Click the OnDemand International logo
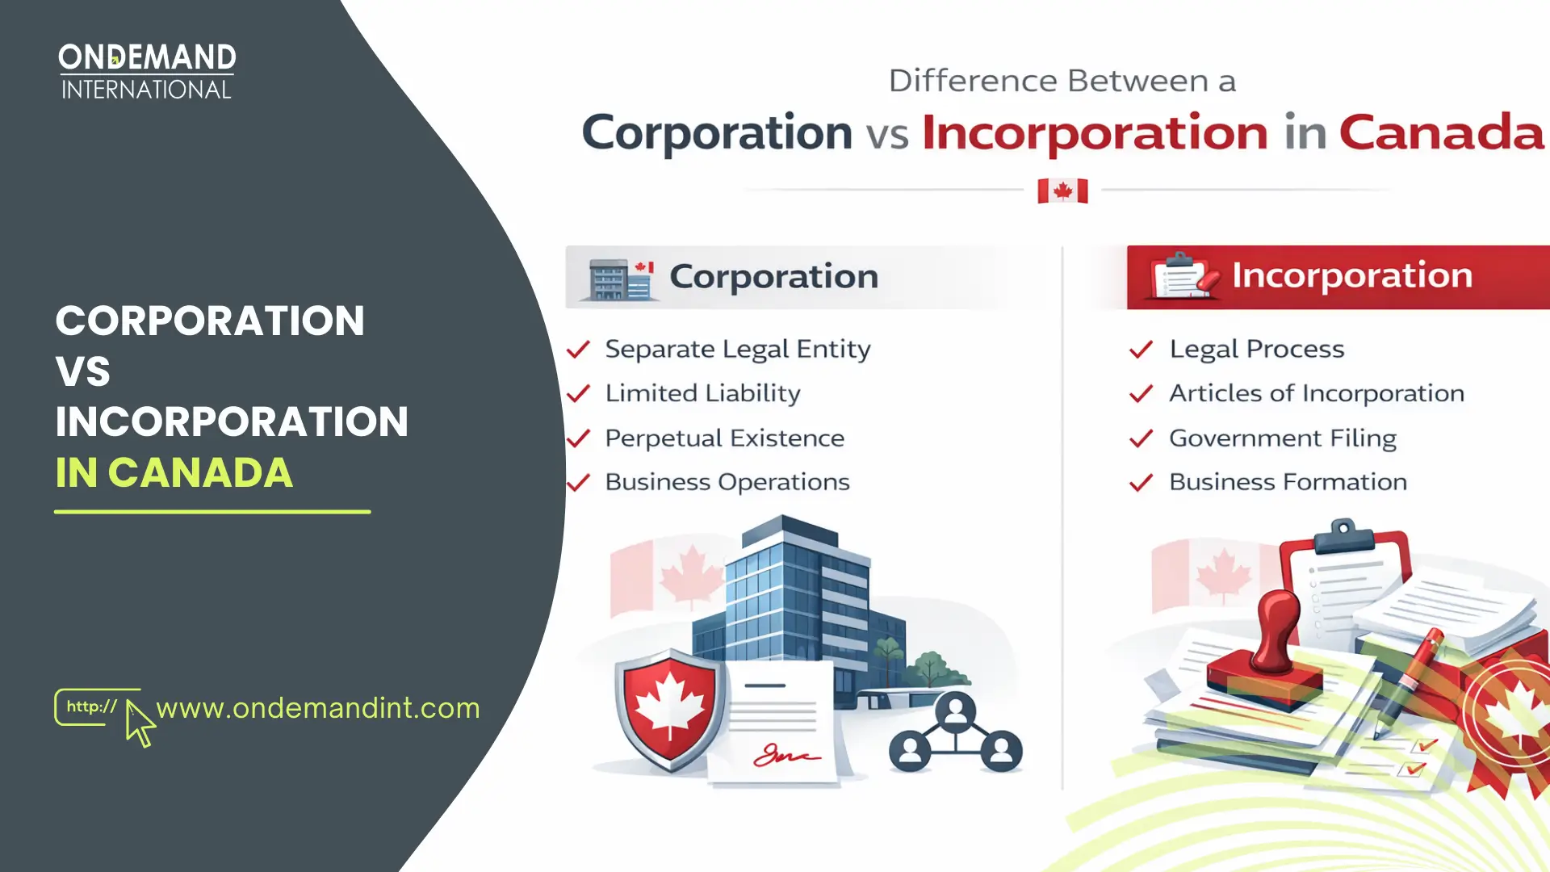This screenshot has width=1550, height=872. point(147,71)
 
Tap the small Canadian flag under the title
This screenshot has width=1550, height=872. point(1062,191)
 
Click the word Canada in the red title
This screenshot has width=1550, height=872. point(1441,132)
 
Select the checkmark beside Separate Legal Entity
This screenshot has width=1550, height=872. point(578,350)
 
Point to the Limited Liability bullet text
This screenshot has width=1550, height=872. point(702,393)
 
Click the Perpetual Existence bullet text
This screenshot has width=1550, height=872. point(724,438)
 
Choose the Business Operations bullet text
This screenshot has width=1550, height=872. point(727,482)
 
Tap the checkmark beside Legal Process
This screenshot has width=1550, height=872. point(1141,350)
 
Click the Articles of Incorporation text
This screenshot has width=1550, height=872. point(1316,393)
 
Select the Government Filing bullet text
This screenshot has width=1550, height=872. point(1282,438)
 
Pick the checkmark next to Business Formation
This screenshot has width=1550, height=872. point(1141,483)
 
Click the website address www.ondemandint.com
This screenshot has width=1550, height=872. point(318,708)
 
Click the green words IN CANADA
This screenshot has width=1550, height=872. point(174,473)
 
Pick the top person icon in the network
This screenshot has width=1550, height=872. point(956,711)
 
